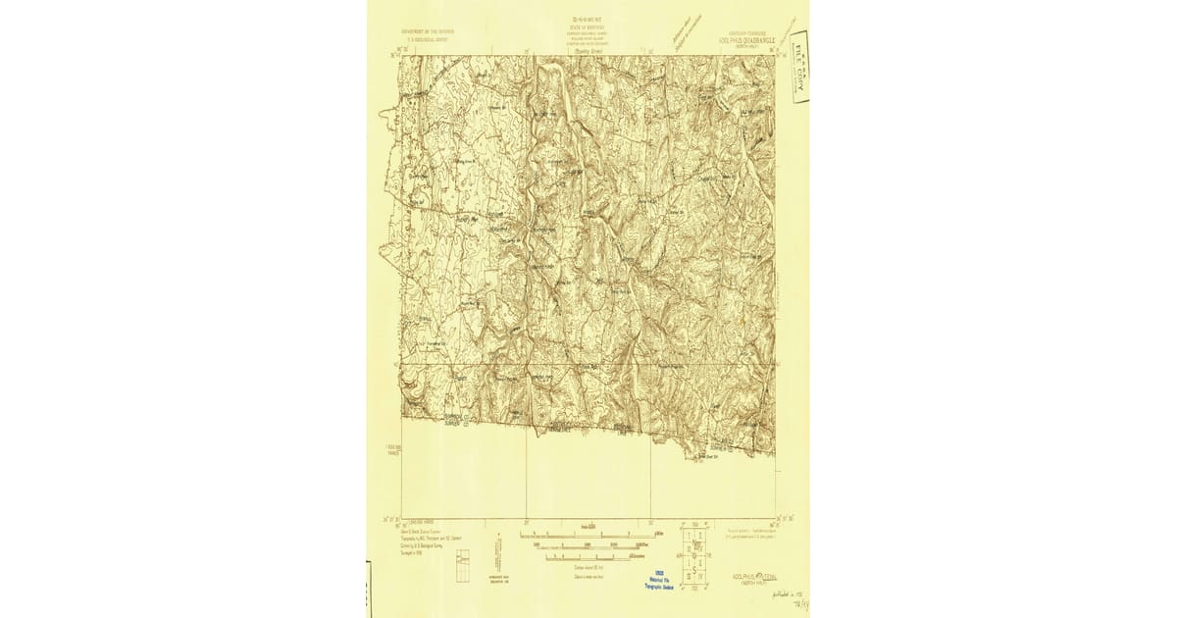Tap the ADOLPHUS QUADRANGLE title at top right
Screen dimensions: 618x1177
click(742, 41)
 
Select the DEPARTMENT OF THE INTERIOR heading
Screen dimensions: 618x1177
click(425, 30)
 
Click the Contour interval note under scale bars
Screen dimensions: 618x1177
click(586, 568)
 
